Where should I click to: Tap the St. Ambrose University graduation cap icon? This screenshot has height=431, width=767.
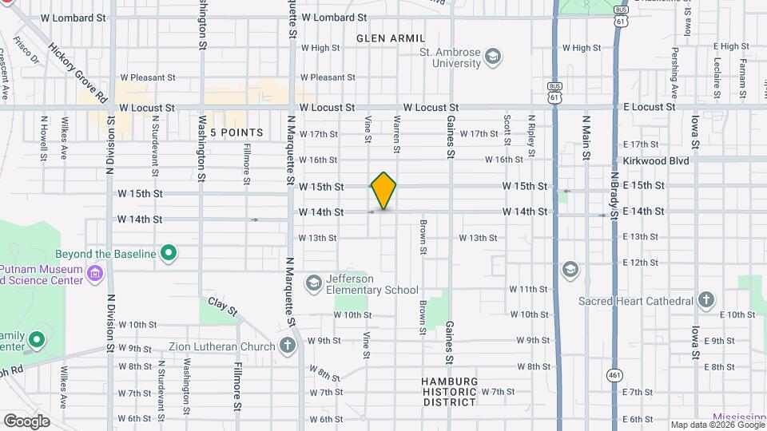point(493,55)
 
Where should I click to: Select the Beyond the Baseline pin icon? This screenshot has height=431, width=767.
point(169,254)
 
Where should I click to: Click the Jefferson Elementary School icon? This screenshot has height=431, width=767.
point(314,283)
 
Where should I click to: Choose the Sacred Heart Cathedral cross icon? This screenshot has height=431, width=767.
point(705,301)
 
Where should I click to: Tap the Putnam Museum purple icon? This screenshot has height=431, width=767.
point(94,275)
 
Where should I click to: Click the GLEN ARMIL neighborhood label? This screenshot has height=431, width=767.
point(386,38)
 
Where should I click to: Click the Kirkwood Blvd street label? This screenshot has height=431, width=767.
point(655,160)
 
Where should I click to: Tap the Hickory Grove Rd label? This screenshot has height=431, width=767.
point(78,73)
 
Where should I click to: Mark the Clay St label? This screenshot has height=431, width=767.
point(223,305)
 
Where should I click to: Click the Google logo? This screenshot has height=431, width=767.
point(26,421)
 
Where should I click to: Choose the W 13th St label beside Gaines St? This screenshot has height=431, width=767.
point(478,238)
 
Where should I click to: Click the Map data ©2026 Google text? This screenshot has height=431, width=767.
point(716,425)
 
